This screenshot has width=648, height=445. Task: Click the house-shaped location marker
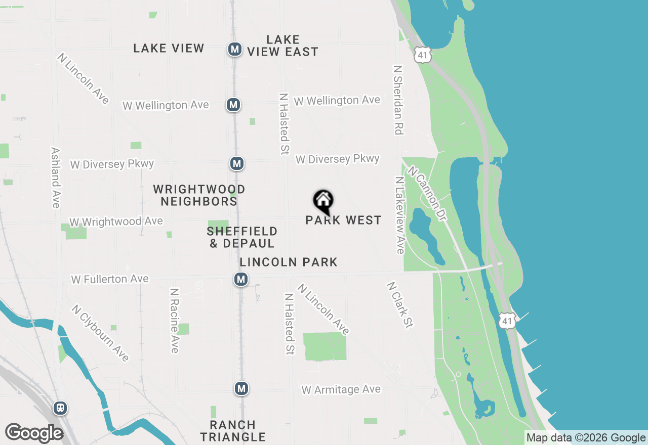coord(323,201)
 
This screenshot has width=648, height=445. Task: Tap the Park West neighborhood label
coord(343,220)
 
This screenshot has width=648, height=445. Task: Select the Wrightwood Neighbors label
coord(199,195)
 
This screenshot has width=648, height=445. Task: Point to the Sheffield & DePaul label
coord(242,237)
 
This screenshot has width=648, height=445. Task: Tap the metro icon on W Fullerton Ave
coord(241,279)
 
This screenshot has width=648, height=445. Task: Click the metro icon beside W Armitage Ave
coord(241,388)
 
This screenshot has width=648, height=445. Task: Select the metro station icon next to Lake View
coord(234,49)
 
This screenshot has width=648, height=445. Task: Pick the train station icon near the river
coord(60,408)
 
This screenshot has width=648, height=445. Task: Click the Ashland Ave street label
coord(56,177)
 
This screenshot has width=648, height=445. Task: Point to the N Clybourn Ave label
coord(100,333)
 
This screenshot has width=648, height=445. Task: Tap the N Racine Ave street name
coord(175,321)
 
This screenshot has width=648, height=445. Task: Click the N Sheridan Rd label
coord(398,100)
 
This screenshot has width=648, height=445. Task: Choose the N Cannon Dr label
coord(427,194)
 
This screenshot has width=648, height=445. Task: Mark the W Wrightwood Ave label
coord(116,221)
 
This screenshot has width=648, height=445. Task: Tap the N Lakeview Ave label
coord(400,215)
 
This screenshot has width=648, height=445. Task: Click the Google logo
coord(34,433)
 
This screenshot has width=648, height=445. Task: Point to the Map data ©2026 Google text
coord(586,438)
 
